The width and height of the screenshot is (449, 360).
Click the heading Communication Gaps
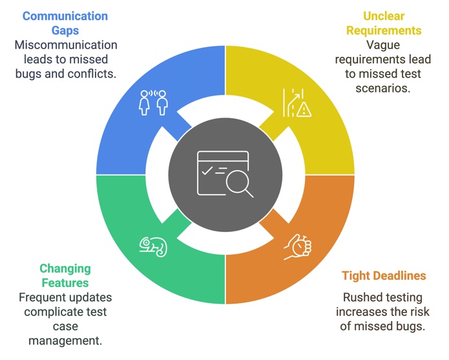(65, 23)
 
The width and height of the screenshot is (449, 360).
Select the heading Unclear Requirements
(383, 23)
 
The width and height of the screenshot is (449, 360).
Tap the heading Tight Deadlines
(384, 276)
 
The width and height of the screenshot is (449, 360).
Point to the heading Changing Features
(65, 275)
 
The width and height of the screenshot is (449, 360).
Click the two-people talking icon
(153, 102)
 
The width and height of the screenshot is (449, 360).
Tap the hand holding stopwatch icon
(298, 246)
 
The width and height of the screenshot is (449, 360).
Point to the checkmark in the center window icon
(207, 171)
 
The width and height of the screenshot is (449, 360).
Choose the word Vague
(383, 45)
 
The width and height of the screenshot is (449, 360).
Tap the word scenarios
(383, 87)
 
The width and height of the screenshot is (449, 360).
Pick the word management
(65, 341)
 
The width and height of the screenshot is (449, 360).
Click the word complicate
(54, 312)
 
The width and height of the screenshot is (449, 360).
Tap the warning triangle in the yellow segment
(304, 111)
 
